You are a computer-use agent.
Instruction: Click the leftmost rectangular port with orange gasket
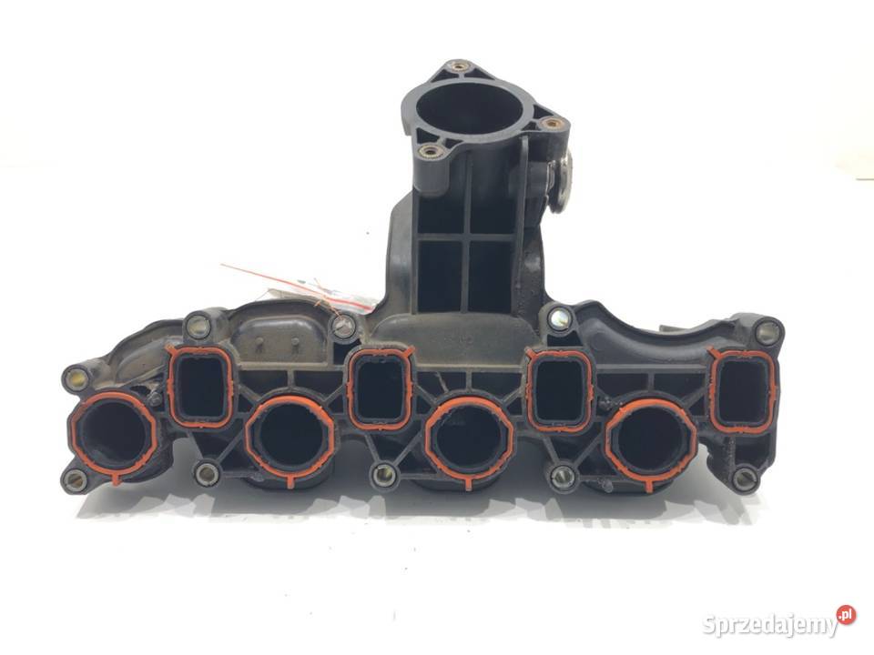pyautogui.click(x=200, y=386)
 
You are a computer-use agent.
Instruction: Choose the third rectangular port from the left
pyautogui.click(x=560, y=390)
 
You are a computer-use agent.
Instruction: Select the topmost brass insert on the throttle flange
pyautogui.click(x=459, y=67)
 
